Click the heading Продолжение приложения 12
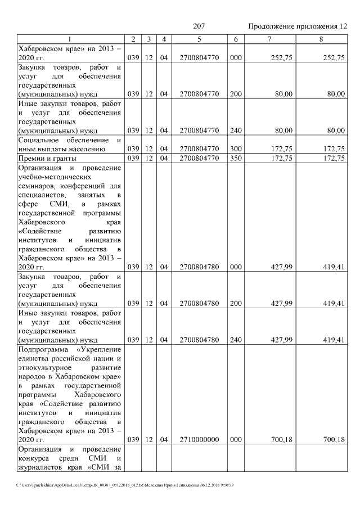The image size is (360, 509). (298, 26)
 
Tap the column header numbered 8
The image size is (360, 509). (321, 39)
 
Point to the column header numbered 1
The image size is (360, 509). (70, 39)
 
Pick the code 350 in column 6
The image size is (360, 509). (236, 158)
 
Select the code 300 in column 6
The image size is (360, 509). (236, 149)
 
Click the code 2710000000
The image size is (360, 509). (199, 440)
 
